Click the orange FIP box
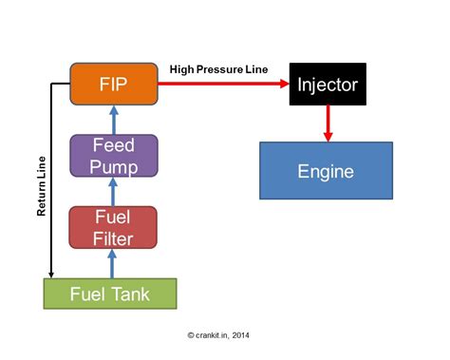click(114, 83)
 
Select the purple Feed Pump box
click(113, 155)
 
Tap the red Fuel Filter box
click(113, 227)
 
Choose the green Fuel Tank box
click(110, 293)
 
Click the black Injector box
click(328, 84)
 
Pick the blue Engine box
click(326, 171)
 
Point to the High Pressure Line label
click(220, 69)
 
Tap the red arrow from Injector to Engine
click(328, 122)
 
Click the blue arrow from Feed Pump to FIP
click(113, 119)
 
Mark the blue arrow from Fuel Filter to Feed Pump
click(113, 192)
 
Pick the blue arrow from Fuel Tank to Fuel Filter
click(113, 262)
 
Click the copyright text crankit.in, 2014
click(219, 334)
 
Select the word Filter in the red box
click(113, 237)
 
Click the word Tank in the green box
click(131, 293)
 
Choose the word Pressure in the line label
click(220, 69)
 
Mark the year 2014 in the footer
click(241, 334)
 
